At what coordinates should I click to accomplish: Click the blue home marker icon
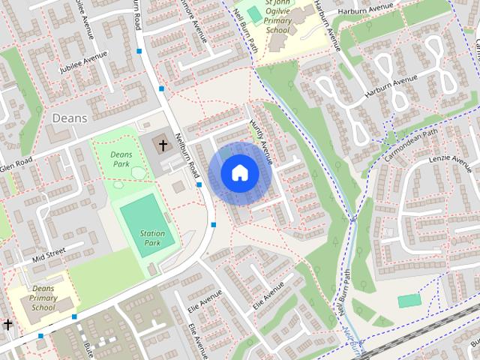pos(239,172)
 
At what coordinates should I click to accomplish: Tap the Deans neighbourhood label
pos(70,118)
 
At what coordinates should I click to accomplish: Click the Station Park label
pos(153,238)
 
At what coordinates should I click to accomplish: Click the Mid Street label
pos(49,255)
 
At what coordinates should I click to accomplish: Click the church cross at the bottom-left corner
pos(7,325)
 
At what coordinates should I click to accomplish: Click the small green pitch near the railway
pos(409,301)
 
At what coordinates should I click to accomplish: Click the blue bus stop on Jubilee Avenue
pos(139,52)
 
